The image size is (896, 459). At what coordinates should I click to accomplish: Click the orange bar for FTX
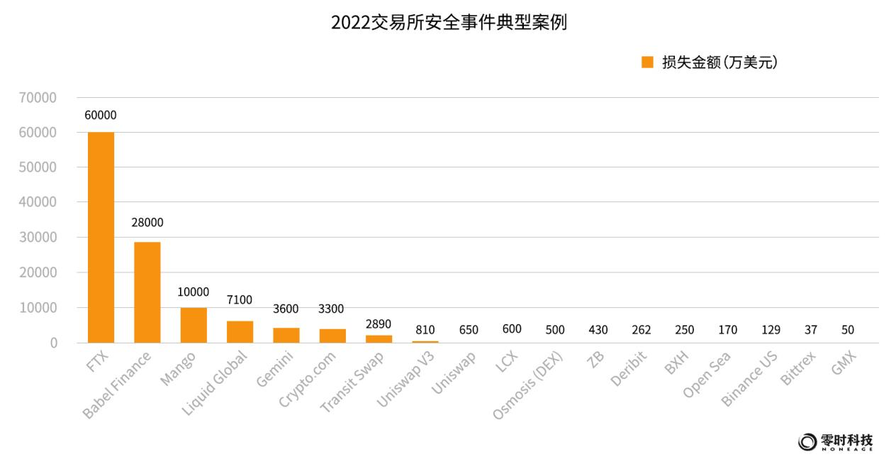[x=101, y=238]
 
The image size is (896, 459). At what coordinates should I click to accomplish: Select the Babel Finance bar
[x=147, y=292]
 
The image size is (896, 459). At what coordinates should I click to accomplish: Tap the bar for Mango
[x=194, y=325]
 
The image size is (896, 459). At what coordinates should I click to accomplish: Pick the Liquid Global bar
[x=240, y=332]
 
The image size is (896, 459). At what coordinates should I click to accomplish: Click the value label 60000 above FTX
[x=101, y=116]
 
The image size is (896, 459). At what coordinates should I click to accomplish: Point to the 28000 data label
[x=147, y=223]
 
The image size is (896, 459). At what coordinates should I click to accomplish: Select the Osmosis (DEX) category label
[x=528, y=385]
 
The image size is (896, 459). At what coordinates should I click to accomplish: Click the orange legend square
[x=647, y=62]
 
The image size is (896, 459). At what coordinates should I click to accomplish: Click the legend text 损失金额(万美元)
[x=719, y=62]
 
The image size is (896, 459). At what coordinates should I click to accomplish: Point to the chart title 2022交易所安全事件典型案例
[x=449, y=23]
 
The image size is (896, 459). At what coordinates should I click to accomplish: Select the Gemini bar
[x=286, y=335]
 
